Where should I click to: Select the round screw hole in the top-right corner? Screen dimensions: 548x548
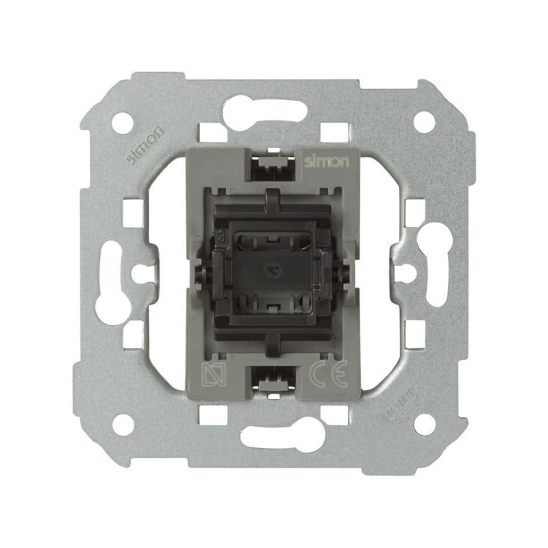[425, 122]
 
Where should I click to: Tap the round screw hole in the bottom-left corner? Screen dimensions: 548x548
[123, 425]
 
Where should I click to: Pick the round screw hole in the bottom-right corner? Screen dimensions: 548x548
[425, 425]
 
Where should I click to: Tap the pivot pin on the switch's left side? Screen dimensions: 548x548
[203, 273]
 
